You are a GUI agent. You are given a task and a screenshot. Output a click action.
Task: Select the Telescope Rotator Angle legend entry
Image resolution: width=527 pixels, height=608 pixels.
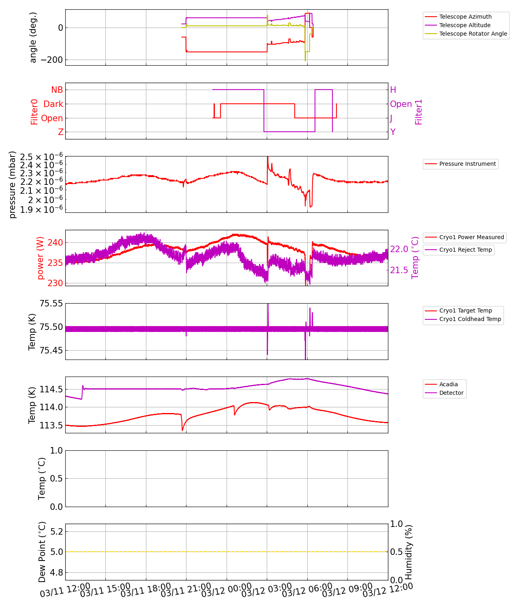[x=473, y=34]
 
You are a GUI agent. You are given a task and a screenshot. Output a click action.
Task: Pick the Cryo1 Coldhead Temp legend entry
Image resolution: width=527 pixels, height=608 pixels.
[x=470, y=319]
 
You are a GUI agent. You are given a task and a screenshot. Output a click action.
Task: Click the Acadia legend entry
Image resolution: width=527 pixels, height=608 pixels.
[x=448, y=384]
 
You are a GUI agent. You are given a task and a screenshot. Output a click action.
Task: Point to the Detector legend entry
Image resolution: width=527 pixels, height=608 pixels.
[x=451, y=393]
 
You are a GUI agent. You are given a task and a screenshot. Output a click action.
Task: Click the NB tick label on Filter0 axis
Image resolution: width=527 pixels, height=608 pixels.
[x=57, y=90]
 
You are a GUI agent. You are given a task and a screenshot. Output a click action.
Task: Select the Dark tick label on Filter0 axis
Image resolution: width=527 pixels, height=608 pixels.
[x=54, y=104]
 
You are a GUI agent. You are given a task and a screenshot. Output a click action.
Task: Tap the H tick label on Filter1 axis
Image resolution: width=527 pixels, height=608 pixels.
[x=393, y=90]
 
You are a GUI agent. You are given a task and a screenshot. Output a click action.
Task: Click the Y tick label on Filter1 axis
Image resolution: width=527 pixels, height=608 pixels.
[x=393, y=132]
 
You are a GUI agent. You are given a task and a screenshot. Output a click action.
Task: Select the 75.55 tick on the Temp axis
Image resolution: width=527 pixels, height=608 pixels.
[x=51, y=304]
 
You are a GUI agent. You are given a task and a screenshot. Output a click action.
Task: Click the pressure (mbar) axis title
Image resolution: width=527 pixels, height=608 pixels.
[x=13, y=184]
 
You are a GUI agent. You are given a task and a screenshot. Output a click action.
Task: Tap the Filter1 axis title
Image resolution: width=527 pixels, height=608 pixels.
[x=419, y=111]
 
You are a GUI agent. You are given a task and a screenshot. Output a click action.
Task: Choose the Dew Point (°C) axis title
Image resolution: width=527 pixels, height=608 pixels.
[x=42, y=552]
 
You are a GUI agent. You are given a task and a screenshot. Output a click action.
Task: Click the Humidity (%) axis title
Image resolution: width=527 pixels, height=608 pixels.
[x=409, y=552]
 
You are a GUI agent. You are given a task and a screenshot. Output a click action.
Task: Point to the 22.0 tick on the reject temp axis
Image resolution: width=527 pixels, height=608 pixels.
[x=399, y=249]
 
